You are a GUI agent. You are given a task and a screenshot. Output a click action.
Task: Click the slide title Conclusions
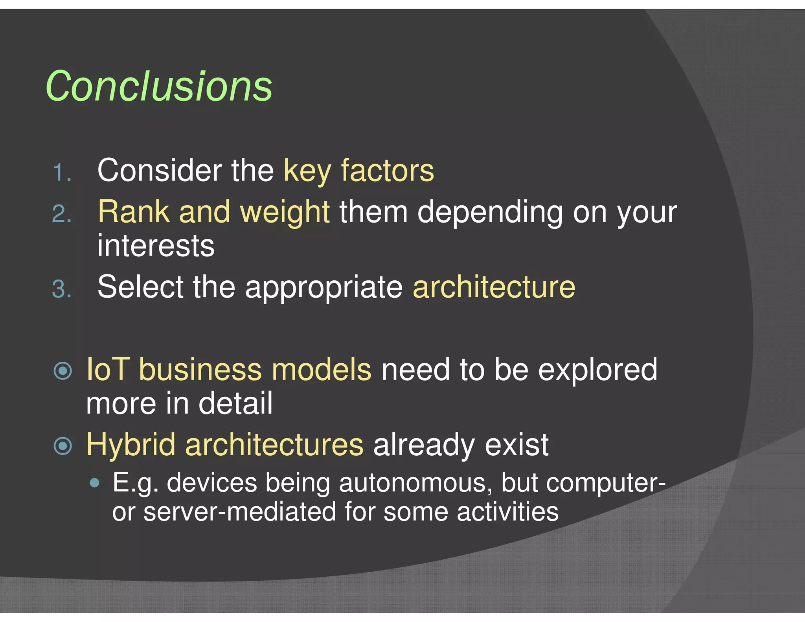point(159,86)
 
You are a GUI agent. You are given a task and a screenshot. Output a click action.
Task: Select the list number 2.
point(62,214)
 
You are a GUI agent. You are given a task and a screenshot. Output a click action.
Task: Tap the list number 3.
point(62,289)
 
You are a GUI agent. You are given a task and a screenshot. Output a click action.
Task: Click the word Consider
point(159,170)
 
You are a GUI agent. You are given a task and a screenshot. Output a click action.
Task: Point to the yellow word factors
point(387,170)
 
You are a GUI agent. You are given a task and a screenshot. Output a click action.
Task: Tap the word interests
point(156,246)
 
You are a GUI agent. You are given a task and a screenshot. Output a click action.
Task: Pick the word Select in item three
point(140,287)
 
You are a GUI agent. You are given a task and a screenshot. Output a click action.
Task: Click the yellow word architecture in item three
point(494,287)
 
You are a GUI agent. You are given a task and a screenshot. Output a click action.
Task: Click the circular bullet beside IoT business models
point(63,371)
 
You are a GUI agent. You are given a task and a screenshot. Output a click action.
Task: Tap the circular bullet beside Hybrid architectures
point(63,446)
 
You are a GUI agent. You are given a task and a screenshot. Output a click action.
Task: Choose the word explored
point(597,370)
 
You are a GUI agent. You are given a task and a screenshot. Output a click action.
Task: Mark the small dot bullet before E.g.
point(94,483)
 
